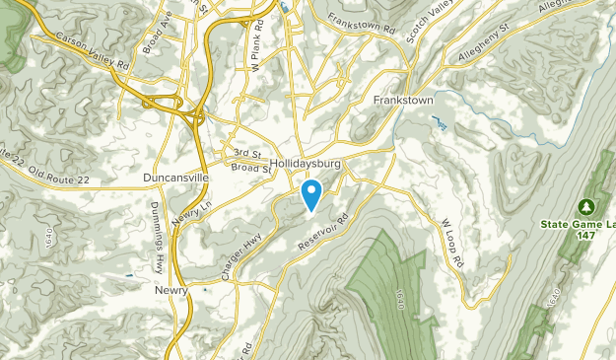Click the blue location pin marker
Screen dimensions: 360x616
[x=311, y=193]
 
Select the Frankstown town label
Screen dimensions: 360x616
[x=404, y=101]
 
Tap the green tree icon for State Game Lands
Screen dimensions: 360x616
[x=586, y=206]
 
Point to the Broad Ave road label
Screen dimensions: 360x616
[x=155, y=34]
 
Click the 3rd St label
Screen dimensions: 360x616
[x=246, y=154]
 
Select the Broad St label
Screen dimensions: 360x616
[x=252, y=169]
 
